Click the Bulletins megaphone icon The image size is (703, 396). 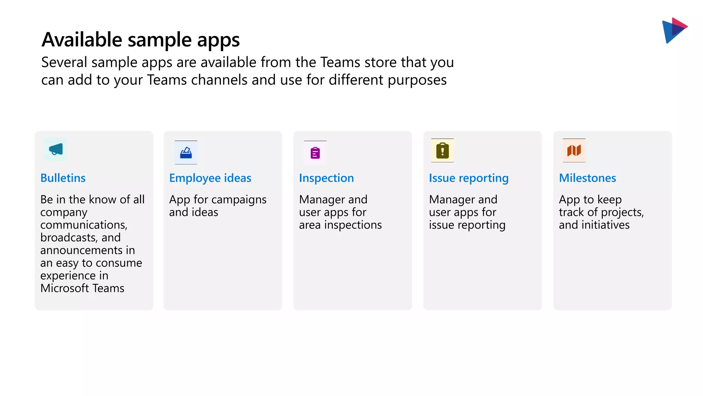click(56, 150)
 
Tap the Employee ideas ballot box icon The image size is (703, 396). click(186, 153)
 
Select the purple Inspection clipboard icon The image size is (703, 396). click(315, 153)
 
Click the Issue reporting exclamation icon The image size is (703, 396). click(442, 151)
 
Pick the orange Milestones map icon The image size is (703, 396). click(574, 150)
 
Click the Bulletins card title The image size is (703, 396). click(63, 178)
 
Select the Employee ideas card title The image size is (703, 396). click(210, 178)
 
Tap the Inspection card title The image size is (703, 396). click(326, 178)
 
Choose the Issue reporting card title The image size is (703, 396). click(469, 178)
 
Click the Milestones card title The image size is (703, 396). click(587, 178)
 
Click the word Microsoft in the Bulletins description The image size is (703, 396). click(64, 288)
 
